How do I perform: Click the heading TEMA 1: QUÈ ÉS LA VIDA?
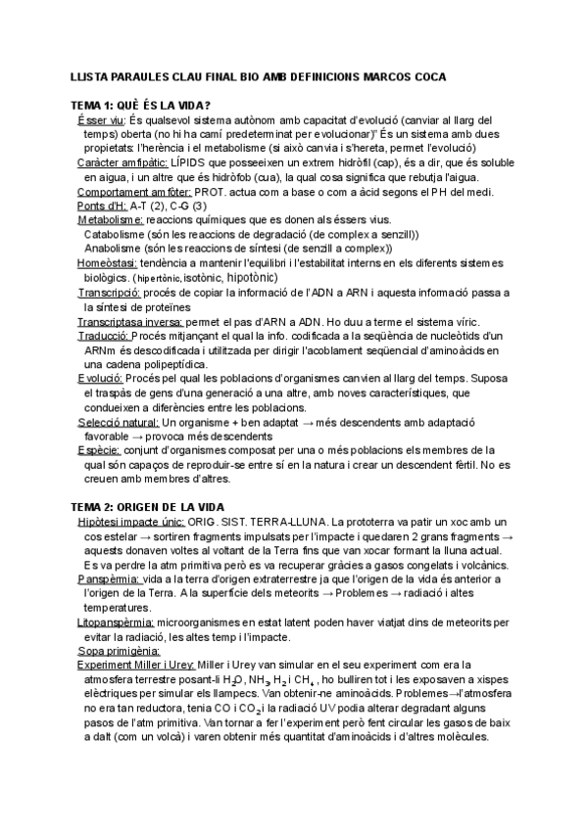[141, 105]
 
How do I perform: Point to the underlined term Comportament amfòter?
[133, 193]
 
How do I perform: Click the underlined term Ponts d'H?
[98, 207]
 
